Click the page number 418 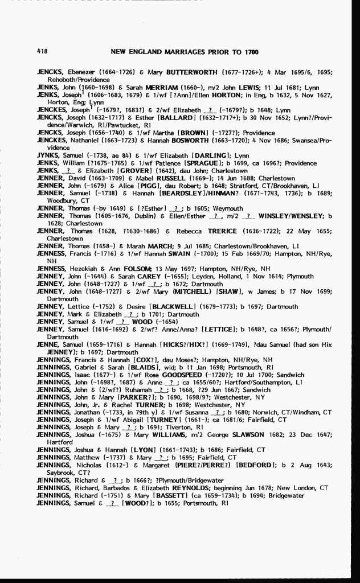42,51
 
